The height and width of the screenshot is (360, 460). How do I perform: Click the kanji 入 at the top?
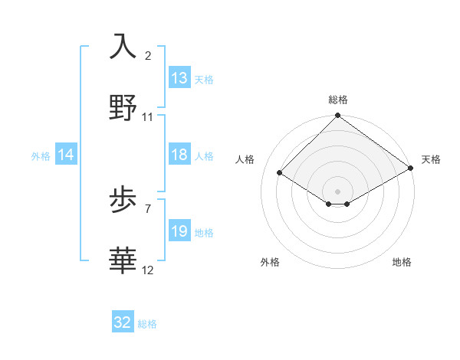123,47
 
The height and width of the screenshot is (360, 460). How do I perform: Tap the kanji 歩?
123,200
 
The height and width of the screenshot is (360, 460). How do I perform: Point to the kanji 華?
123,260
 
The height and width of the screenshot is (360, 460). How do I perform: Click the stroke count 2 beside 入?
148,56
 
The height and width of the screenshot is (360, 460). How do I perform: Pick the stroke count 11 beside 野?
148,117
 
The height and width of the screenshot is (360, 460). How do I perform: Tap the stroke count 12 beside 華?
148,270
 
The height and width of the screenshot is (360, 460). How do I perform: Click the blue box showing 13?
179,78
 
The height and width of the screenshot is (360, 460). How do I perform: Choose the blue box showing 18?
179,155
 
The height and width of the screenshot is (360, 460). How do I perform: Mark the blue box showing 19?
179,231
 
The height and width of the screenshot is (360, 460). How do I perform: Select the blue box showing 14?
66,155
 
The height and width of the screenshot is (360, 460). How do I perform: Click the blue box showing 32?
123,322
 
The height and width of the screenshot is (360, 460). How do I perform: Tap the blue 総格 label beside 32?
147,324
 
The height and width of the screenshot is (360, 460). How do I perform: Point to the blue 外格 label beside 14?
41,156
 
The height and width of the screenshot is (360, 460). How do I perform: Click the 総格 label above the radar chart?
338,100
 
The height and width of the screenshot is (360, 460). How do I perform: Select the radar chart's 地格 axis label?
402,262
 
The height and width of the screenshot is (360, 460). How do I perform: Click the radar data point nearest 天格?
412,169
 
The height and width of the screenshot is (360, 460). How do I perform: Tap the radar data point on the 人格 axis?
280,173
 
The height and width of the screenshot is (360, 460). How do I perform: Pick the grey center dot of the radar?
337,191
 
